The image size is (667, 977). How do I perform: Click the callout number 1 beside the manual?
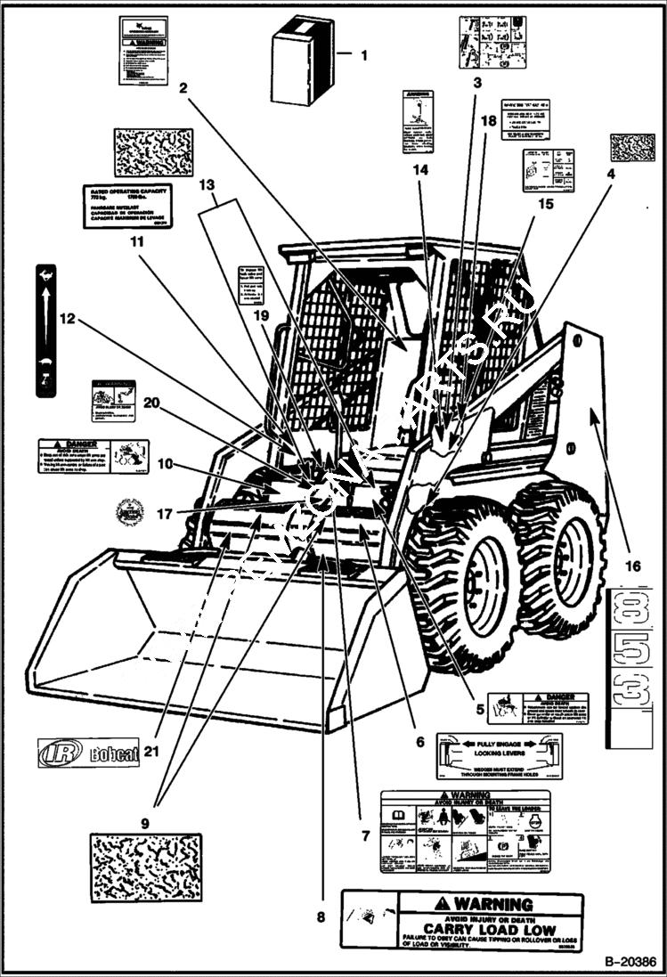pos(363,54)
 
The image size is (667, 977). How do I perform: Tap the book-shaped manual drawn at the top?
pos(302,60)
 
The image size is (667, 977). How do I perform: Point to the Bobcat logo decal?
pos(88,753)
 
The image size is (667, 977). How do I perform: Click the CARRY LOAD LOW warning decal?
pos(462,920)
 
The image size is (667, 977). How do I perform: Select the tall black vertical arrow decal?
pos(45,329)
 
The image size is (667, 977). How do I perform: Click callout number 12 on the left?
pos(69,318)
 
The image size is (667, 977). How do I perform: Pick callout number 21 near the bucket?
pos(151,751)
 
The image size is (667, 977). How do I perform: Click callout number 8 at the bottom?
pos(321,916)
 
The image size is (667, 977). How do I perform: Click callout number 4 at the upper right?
pos(610,175)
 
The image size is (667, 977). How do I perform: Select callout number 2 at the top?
pos(183,87)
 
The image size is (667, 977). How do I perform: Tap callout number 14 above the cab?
pos(420,169)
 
